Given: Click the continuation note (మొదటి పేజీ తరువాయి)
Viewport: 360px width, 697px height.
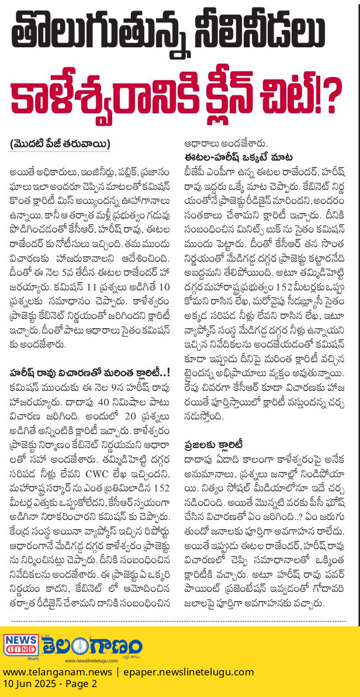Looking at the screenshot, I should click(60, 144).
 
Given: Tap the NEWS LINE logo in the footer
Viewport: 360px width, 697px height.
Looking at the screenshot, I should click(21, 645).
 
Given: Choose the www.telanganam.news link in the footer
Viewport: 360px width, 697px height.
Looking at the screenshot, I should click(57, 672).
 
